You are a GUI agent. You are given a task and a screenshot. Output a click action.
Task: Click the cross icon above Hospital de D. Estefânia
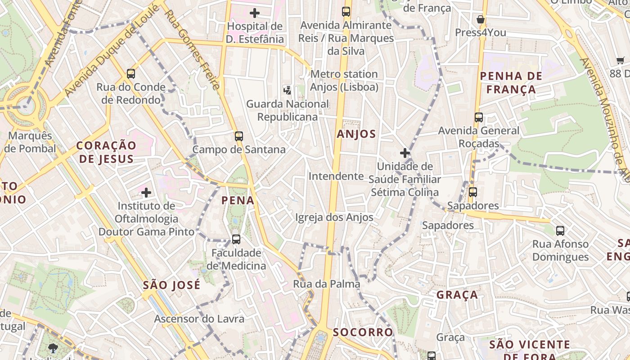[255, 13]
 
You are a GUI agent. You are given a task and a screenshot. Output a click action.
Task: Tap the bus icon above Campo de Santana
[238, 136]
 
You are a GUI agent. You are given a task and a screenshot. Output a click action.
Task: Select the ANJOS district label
[356, 134]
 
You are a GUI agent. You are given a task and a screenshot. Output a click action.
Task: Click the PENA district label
[238, 200]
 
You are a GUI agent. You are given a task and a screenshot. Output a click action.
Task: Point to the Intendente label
[336, 176]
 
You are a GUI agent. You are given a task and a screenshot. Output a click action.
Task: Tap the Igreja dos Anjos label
[334, 218]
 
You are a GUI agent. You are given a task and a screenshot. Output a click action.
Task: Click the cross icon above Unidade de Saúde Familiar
[405, 153]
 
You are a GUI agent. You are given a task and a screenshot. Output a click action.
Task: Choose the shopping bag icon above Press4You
[481, 19]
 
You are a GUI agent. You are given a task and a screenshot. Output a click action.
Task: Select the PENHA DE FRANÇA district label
[511, 82]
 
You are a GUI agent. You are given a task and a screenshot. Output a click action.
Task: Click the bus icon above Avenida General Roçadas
[479, 117]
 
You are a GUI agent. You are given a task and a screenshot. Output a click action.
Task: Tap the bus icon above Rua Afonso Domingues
[560, 231]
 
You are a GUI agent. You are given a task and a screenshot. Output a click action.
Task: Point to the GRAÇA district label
[457, 295]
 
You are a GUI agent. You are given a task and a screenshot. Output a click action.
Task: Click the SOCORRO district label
[363, 332]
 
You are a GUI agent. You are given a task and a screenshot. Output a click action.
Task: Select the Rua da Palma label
[327, 284]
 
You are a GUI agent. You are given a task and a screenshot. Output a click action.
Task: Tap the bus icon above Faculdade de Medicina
[236, 239]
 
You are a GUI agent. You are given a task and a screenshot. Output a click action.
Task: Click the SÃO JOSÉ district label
[171, 285]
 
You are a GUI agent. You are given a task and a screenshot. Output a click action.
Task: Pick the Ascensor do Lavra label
[199, 319]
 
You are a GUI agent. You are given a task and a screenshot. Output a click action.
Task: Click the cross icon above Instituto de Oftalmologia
[146, 193]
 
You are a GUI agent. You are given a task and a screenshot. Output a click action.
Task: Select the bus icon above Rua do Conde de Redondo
[131, 73]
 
